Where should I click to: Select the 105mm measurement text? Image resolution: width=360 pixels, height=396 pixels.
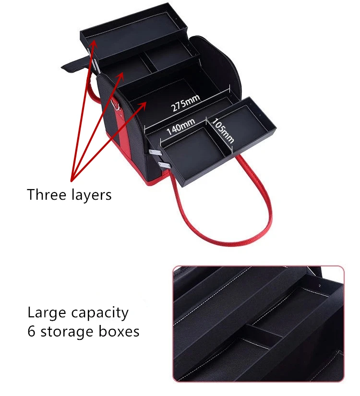223,130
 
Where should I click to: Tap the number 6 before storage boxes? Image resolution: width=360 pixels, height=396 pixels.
32,331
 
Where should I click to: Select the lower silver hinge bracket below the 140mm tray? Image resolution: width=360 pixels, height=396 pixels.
164,166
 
